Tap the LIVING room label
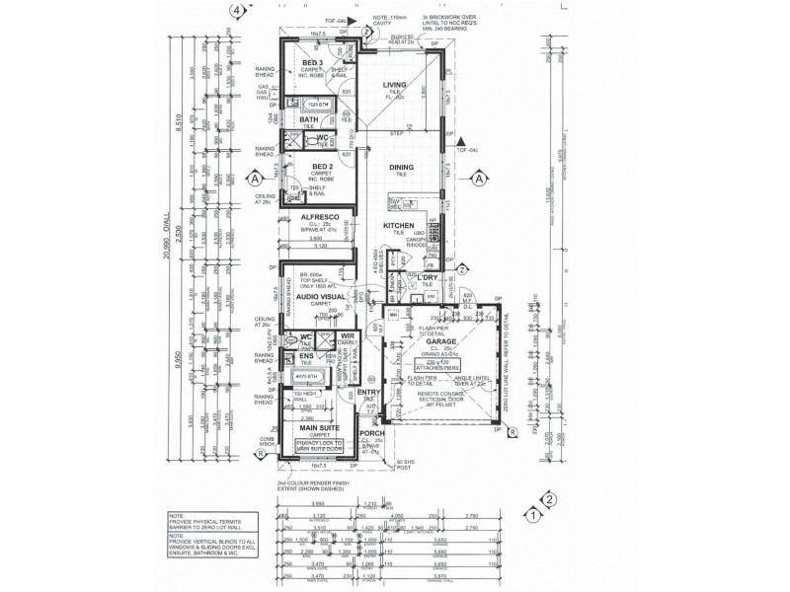(x=395, y=85)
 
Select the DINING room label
(x=401, y=168)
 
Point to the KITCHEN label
(x=398, y=226)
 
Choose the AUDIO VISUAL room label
(x=319, y=295)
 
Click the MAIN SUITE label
(x=318, y=427)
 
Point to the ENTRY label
(x=355, y=392)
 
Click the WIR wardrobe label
(x=347, y=335)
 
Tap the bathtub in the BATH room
(x=317, y=104)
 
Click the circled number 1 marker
(x=531, y=513)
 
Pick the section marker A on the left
(x=254, y=180)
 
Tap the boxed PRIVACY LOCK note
(x=319, y=446)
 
